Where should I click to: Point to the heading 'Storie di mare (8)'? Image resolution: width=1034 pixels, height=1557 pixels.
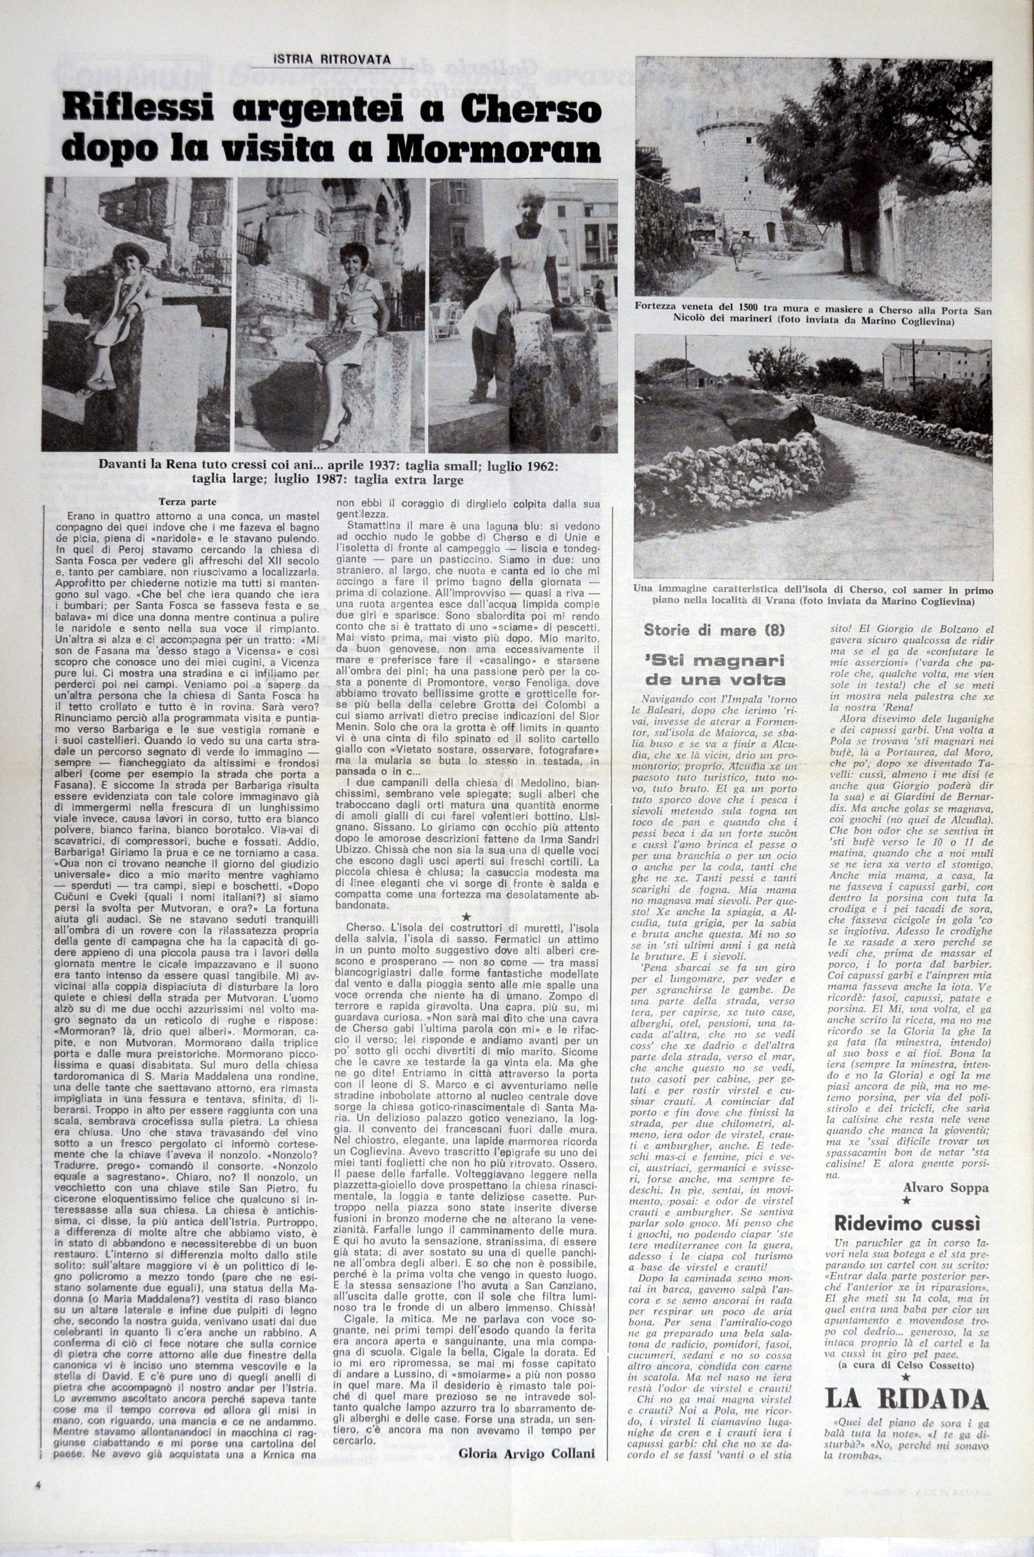pos(714,630)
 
